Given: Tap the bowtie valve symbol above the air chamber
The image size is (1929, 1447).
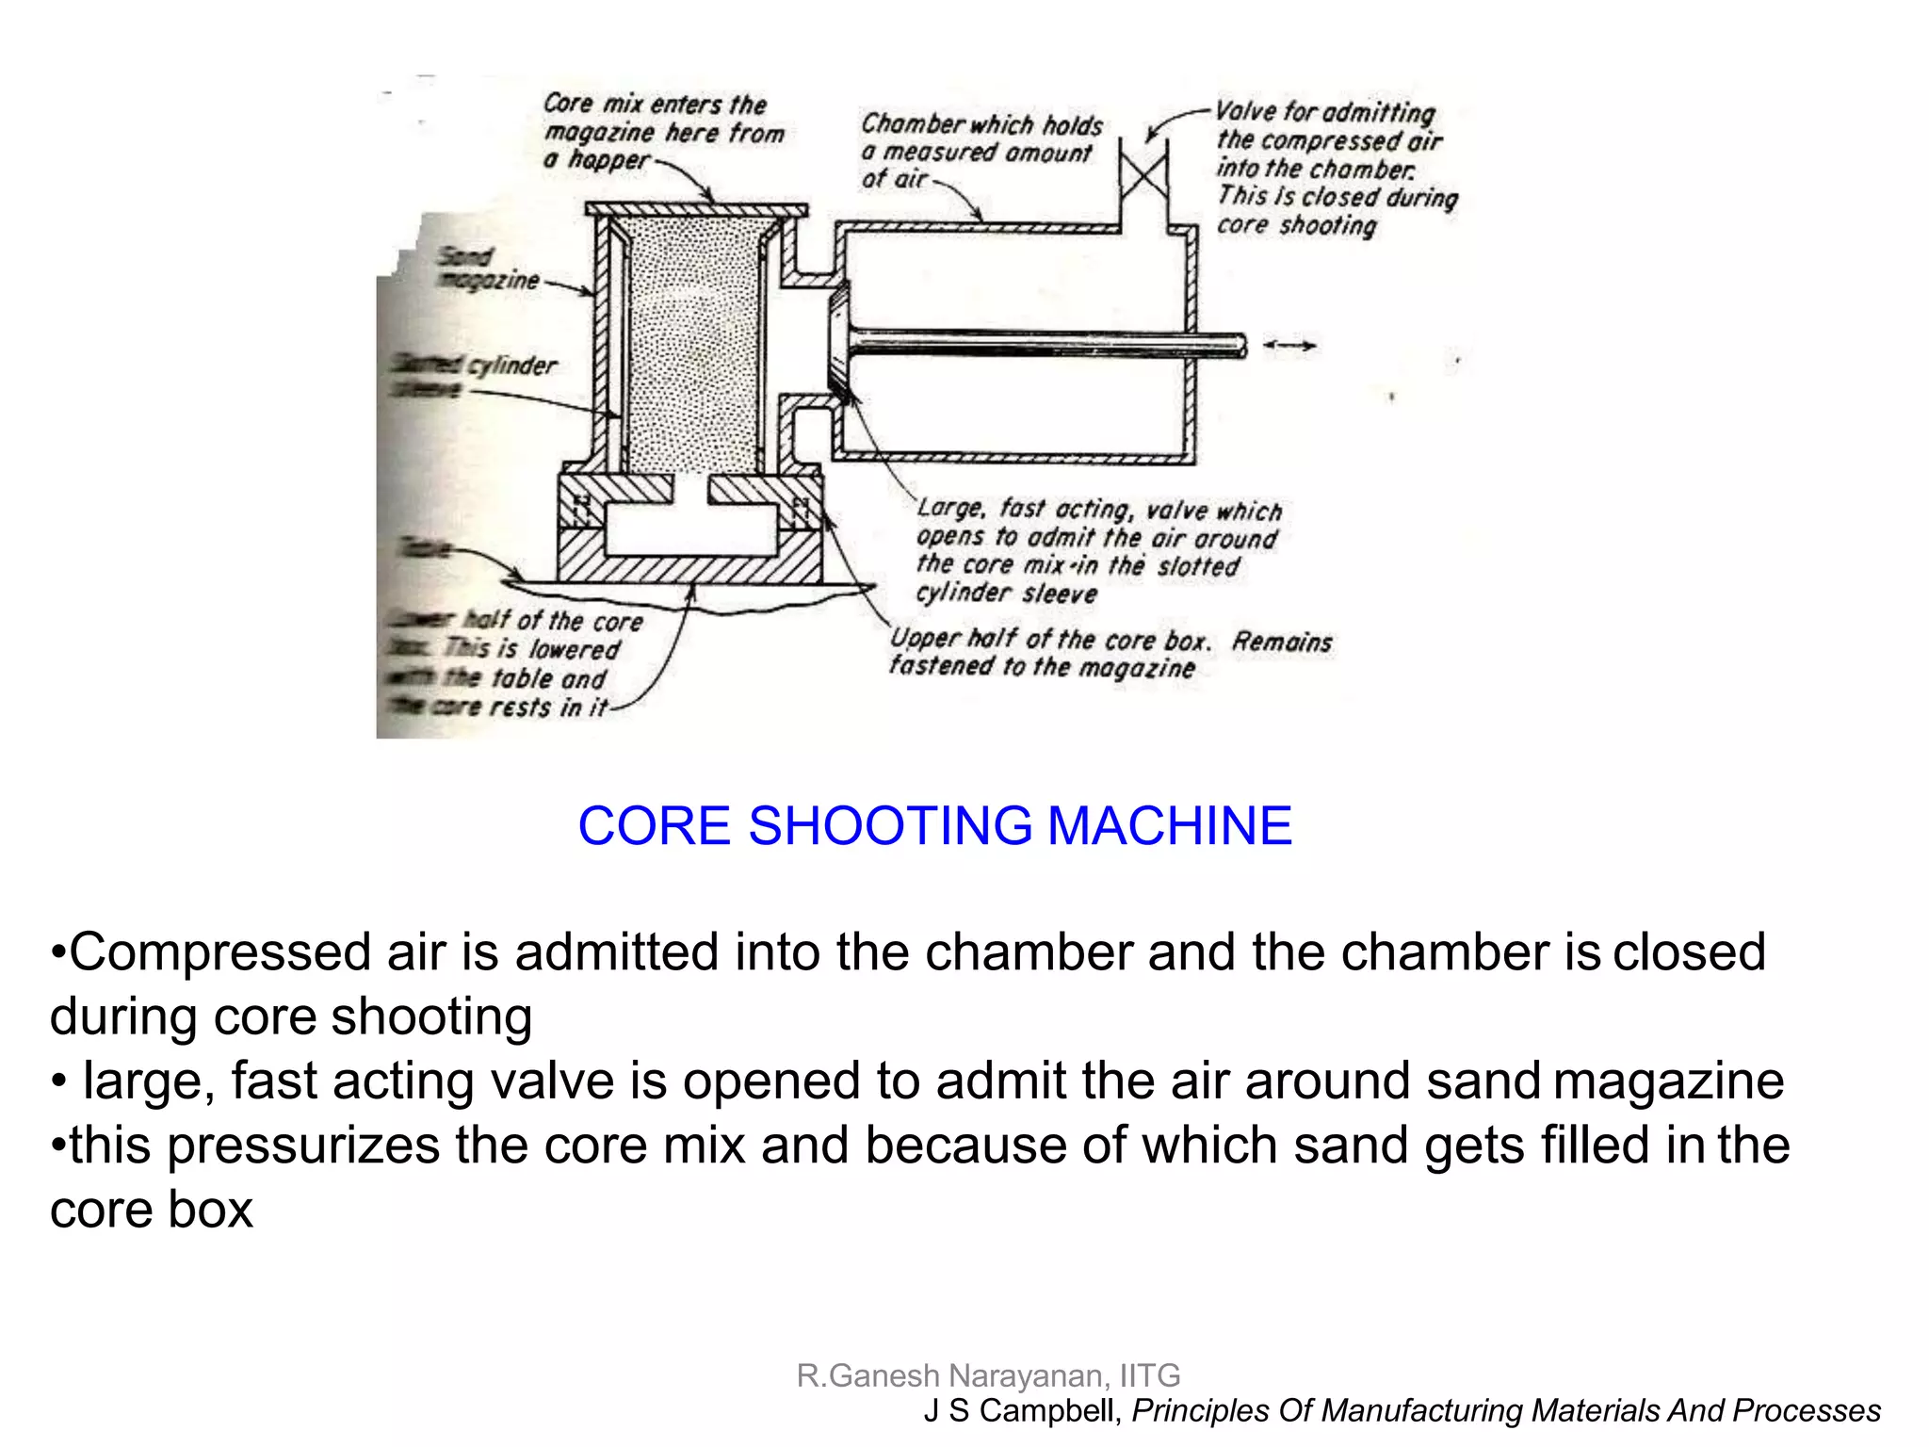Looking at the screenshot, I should [1143, 176].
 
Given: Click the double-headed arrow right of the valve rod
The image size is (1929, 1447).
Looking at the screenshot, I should [1289, 346].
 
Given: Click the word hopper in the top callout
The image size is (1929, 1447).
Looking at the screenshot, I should [609, 161].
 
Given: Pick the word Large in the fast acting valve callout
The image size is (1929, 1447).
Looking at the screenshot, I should [950, 509].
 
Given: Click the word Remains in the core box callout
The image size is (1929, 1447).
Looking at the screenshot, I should [1282, 642].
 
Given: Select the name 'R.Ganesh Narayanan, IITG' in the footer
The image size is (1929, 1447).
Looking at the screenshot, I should [988, 1375].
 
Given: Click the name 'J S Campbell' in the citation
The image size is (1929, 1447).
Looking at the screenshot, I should [1021, 1411].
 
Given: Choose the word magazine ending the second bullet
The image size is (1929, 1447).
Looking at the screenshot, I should [1668, 1081].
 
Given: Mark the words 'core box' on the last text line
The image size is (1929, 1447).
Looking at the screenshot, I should [152, 1210].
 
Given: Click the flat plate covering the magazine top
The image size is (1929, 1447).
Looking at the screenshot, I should [696, 209].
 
